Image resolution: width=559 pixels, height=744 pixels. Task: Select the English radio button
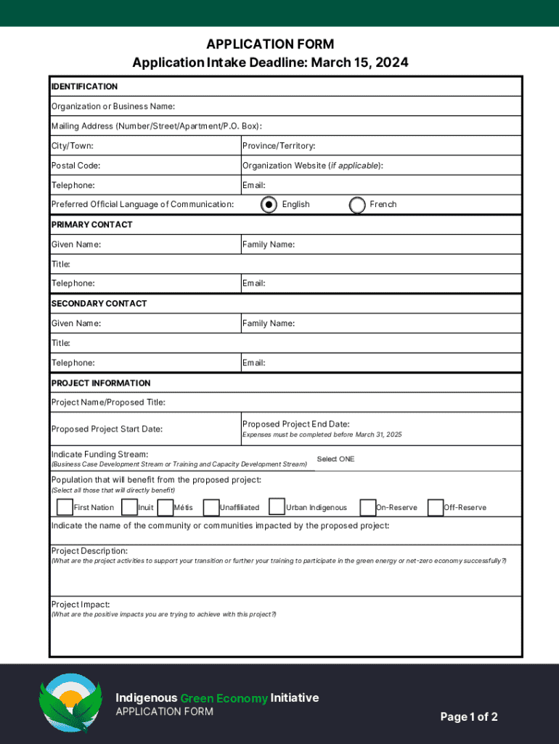269,205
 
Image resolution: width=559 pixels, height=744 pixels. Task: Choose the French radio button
357,205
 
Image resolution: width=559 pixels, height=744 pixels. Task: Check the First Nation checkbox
65,506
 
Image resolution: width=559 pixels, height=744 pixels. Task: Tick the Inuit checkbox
129,506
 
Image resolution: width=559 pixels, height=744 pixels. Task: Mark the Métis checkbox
165,506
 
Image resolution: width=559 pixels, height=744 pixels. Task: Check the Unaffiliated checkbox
211,506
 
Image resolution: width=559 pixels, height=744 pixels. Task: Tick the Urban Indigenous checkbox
277,506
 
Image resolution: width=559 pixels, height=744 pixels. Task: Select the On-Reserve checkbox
368,506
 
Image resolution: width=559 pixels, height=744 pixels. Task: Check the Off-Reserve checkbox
436,506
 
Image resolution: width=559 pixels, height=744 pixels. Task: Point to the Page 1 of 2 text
469,717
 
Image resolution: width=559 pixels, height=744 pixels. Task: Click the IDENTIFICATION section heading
84,86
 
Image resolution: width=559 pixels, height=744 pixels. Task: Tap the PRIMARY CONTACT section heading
91,225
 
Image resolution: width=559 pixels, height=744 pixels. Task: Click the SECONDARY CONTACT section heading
99,304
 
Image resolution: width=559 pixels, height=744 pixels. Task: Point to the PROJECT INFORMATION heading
101,383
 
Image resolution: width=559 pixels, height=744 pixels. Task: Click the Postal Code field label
76,166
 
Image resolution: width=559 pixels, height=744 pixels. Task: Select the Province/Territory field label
278,146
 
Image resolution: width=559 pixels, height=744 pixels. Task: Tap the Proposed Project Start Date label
107,429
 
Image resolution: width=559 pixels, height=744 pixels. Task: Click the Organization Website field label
312,166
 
